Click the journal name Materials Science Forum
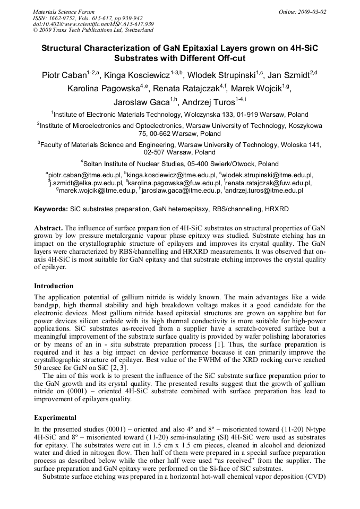[x=64, y=11]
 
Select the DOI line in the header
[x=93, y=24]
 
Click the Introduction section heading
[x=54, y=286]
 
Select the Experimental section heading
[x=55, y=417]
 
